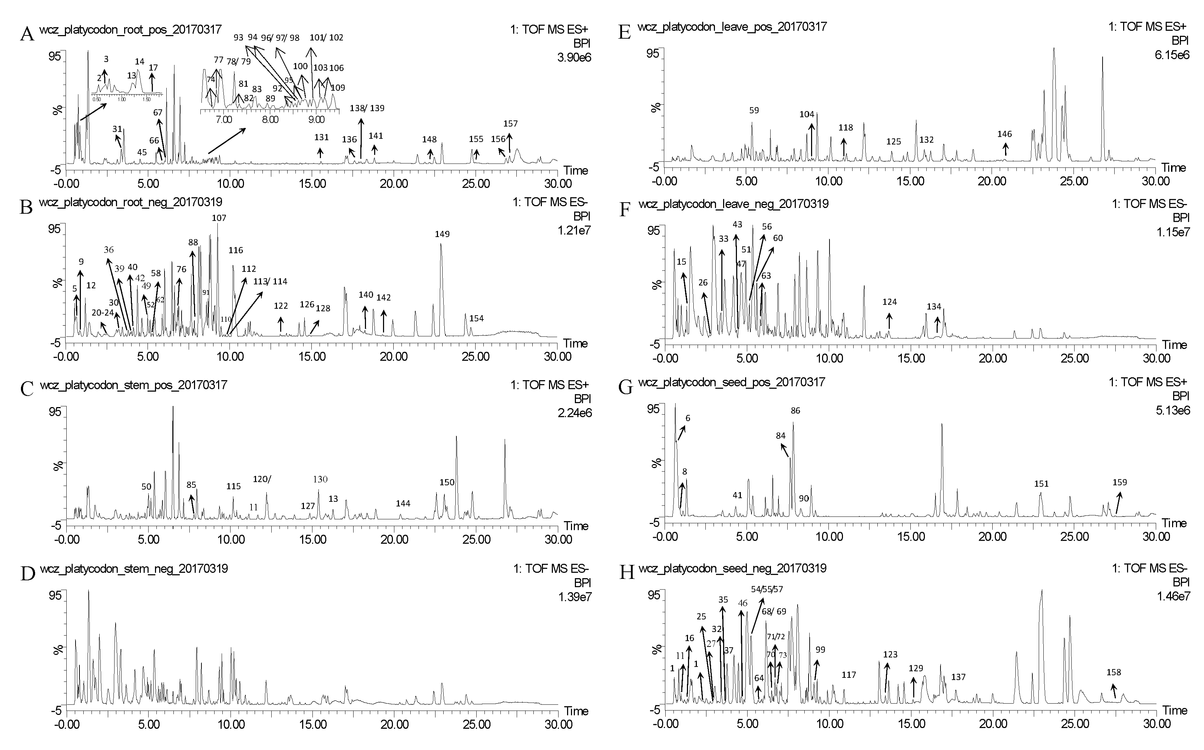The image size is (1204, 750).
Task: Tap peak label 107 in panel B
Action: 219,218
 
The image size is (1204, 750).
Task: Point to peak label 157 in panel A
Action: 510,124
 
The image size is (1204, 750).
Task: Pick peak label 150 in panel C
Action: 447,482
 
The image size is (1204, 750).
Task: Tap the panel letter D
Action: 27,574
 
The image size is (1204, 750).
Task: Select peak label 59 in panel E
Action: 754,111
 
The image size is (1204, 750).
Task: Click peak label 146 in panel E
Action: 1004,134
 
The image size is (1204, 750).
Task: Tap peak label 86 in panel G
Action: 795,411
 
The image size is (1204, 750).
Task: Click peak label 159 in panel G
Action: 1120,482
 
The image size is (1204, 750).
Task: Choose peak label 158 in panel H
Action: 1114,673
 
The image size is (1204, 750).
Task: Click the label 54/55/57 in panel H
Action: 767,589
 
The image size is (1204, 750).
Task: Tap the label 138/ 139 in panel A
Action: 367,108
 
